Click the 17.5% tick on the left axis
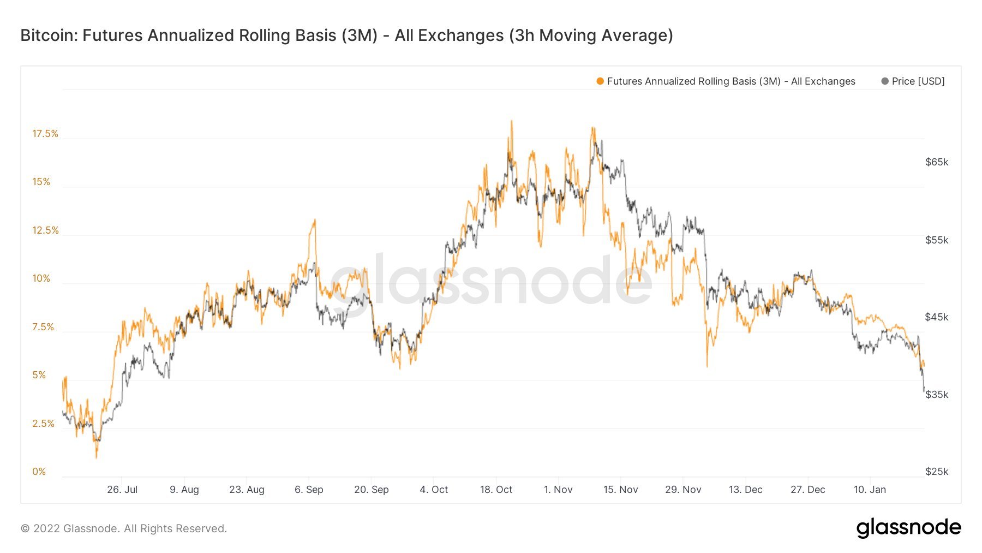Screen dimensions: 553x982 point(45,134)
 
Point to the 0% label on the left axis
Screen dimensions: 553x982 point(39,472)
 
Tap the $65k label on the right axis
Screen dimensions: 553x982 point(937,162)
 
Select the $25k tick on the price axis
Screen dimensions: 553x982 point(937,472)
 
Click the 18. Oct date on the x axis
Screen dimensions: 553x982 point(496,490)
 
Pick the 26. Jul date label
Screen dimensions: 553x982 point(122,490)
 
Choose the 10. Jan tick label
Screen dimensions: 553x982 point(870,490)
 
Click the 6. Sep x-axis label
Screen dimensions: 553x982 point(309,490)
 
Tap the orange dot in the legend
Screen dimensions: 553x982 point(600,81)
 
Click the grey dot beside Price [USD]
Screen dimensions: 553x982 point(885,81)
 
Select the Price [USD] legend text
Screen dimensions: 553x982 point(918,81)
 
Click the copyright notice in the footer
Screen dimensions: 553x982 point(124,528)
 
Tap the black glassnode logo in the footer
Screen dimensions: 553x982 point(908,528)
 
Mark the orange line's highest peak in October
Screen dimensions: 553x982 point(511,121)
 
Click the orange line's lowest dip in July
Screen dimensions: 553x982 point(97,457)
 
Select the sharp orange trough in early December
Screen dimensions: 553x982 point(707,366)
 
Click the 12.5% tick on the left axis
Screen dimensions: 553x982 point(45,230)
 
